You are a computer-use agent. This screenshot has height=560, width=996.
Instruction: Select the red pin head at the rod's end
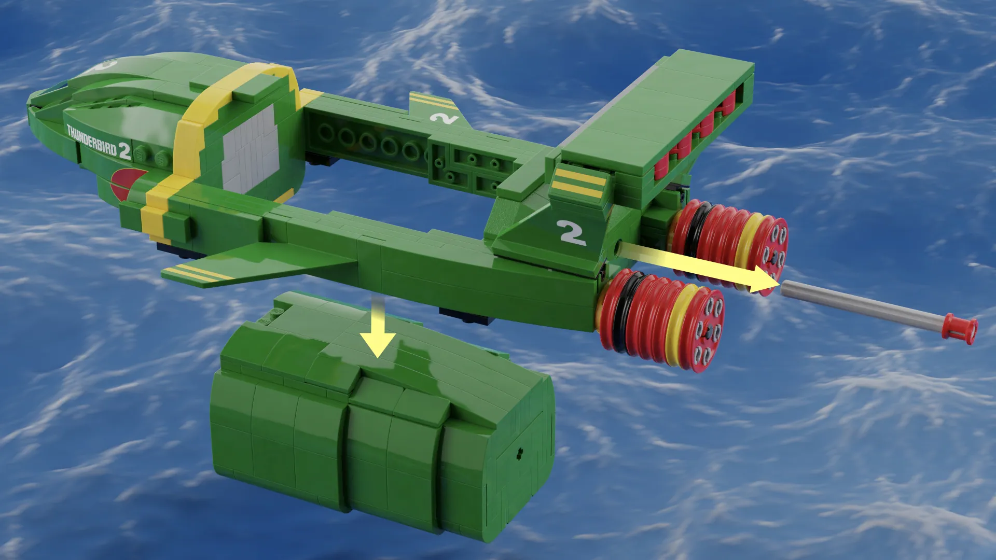960,329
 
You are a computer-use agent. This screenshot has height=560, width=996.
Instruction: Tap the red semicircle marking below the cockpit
122,184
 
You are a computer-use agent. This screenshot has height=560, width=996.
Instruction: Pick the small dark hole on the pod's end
519,452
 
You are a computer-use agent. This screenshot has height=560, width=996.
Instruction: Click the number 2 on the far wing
444,118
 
